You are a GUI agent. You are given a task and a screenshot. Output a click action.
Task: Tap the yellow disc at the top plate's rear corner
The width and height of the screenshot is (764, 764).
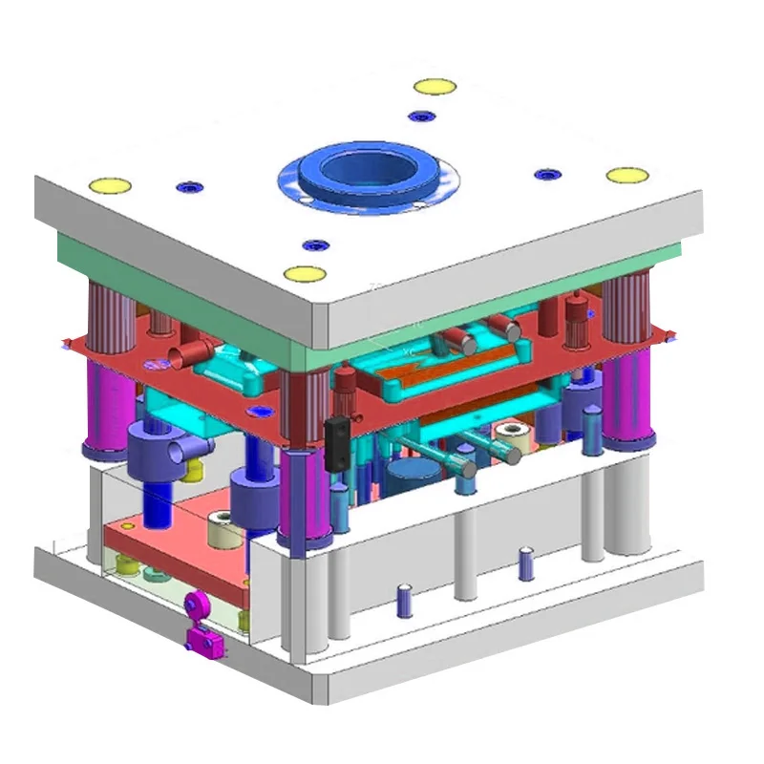[435, 87]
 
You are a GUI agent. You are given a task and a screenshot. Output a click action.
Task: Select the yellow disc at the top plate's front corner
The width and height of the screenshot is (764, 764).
[305, 274]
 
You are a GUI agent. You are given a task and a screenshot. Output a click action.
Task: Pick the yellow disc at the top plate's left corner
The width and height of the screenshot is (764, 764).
[109, 184]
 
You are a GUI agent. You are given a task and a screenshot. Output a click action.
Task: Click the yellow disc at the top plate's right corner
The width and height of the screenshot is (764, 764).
[627, 176]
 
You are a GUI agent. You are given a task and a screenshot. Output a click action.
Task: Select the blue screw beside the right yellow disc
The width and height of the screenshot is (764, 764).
[545, 175]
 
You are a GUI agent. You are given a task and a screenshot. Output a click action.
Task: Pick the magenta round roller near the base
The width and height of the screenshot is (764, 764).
[197, 604]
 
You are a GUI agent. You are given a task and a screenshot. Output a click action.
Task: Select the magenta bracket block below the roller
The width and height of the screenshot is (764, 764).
[204, 643]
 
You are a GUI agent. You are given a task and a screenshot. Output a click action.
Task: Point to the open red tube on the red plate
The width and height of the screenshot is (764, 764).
[182, 358]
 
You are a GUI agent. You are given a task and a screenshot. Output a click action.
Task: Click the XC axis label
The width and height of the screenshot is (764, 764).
[410, 352]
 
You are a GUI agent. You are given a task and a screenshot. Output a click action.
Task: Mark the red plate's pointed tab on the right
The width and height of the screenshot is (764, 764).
[670, 336]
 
